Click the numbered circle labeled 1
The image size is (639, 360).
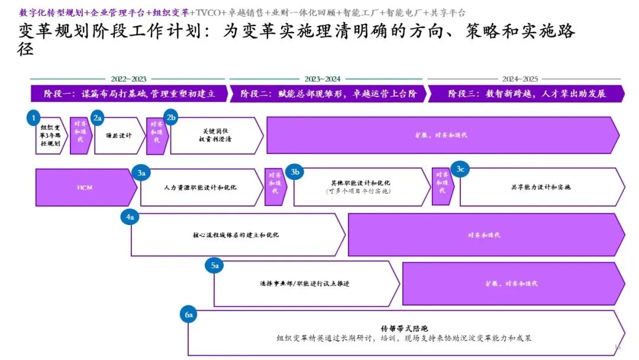click(35, 118)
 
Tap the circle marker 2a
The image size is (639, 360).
click(98, 118)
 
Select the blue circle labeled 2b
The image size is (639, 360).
click(172, 118)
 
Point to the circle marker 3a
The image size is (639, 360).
click(141, 173)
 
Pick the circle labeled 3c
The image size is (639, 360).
click(460, 170)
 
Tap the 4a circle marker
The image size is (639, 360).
click(131, 217)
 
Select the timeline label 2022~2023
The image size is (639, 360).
click(128, 79)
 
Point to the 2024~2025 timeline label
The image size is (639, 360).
click(520, 79)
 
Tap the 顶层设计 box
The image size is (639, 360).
click(118, 136)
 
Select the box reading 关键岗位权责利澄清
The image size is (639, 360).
click(215, 136)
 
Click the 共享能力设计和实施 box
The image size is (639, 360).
click(541, 187)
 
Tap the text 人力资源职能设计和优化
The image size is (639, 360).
click(201, 187)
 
